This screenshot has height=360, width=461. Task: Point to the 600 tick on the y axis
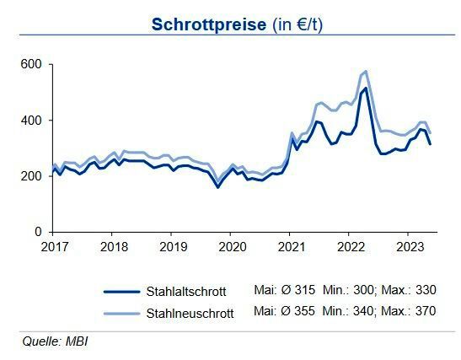pyautogui.click(x=33, y=65)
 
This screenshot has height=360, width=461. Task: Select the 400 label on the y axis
pyautogui.click(x=33, y=121)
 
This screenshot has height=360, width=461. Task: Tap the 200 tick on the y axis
pyautogui.click(x=33, y=176)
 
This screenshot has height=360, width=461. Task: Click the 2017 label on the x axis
pyautogui.click(x=55, y=248)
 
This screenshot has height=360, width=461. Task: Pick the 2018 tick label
pyautogui.click(x=114, y=248)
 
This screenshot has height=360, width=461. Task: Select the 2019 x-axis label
pyautogui.click(x=173, y=248)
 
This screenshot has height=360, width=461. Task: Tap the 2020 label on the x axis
pyautogui.click(x=232, y=248)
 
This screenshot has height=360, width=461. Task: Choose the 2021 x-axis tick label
pyautogui.click(x=290, y=248)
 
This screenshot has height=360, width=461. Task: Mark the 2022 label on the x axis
pyautogui.click(x=349, y=248)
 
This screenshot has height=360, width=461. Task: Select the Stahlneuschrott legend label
pyautogui.click(x=190, y=311)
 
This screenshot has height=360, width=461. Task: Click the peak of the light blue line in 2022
pyautogui.click(x=365, y=72)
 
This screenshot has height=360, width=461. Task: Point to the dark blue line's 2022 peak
pyautogui.click(x=365, y=88)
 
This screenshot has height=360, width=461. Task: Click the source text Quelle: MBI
pyautogui.click(x=55, y=341)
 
